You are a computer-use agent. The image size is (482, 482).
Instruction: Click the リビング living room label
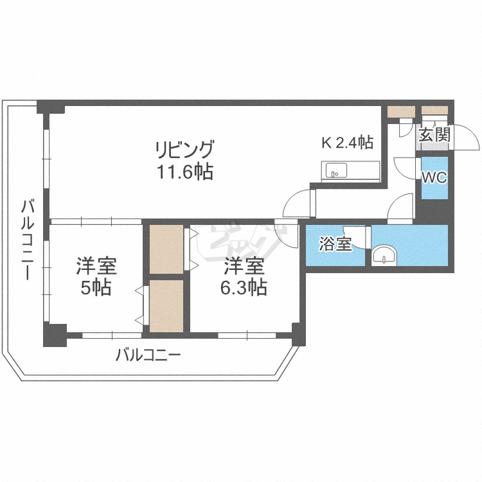click(184, 149)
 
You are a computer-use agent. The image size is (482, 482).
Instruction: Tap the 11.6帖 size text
click(184, 172)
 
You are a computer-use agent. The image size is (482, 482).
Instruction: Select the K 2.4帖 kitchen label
click(347, 143)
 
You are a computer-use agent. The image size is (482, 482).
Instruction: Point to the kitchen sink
click(335, 171)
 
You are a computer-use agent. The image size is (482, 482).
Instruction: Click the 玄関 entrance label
click(434, 135)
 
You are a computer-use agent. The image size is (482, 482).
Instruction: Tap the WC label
click(434, 178)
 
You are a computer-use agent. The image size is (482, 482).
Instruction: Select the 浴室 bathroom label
click(335, 244)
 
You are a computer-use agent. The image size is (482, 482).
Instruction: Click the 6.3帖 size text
click(244, 287)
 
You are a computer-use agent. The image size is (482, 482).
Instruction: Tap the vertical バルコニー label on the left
click(28, 239)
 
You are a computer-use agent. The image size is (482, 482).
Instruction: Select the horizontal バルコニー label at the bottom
click(148, 354)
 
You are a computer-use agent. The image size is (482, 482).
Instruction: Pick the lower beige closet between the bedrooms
click(166, 305)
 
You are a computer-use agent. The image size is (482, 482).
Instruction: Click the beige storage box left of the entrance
click(402, 111)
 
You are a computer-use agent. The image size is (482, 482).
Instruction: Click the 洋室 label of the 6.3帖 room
click(244, 265)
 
